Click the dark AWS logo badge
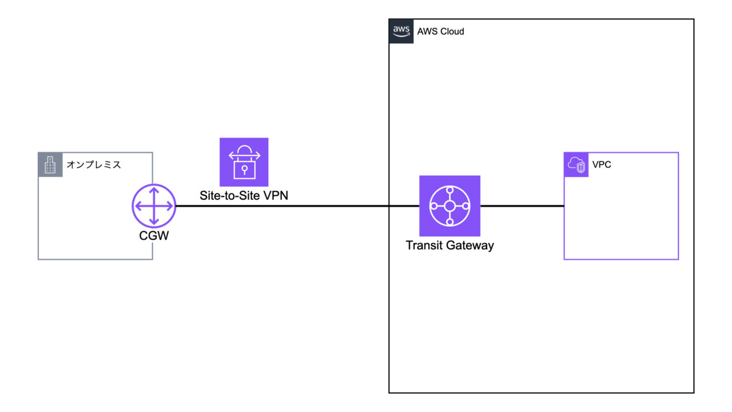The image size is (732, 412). [x=401, y=31]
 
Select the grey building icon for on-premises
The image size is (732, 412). [x=50, y=164]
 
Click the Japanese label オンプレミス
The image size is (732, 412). [x=94, y=165]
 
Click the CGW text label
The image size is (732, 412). [x=154, y=235]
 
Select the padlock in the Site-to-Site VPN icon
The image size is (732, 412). [x=244, y=169]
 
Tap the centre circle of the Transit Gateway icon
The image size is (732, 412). [x=449, y=206]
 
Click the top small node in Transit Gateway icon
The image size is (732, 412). [x=449, y=191]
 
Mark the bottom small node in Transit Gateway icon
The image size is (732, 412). [x=449, y=221]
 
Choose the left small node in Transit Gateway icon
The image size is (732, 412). [x=434, y=206]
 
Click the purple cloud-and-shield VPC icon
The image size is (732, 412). [x=576, y=165]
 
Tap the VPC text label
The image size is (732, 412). [x=602, y=165]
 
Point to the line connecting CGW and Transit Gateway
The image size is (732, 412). [x=297, y=206]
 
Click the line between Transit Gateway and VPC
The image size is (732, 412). [x=522, y=206]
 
